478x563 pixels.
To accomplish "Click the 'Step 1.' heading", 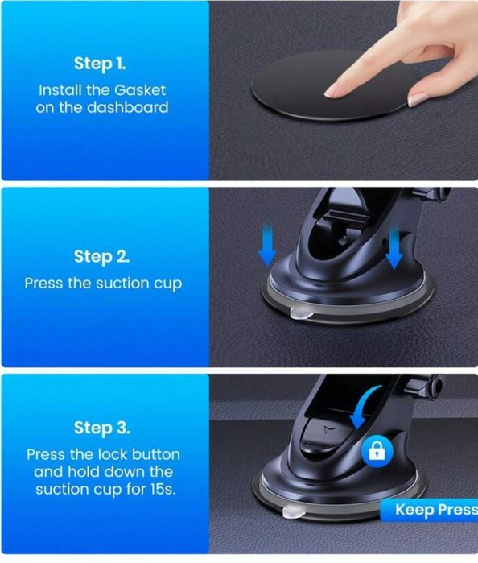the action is (x=100, y=64).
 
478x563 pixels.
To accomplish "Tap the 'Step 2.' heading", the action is (x=101, y=257).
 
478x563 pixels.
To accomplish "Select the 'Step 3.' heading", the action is (x=102, y=428).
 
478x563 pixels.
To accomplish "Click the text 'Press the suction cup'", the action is (x=103, y=284).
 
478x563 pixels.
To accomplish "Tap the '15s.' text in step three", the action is (x=163, y=489).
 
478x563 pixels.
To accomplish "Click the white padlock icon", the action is (x=377, y=450).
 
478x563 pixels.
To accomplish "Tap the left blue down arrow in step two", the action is (x=267, y=246).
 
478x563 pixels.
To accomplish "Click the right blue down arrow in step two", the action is (x=394, y=248).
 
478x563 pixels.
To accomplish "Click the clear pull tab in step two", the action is (x=300, y=314).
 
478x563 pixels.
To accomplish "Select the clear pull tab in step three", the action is (x=294, y=511).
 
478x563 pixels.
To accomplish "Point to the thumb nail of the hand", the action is (x=418, y=99).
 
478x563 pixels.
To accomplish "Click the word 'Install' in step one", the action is (x=60, y=90).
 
